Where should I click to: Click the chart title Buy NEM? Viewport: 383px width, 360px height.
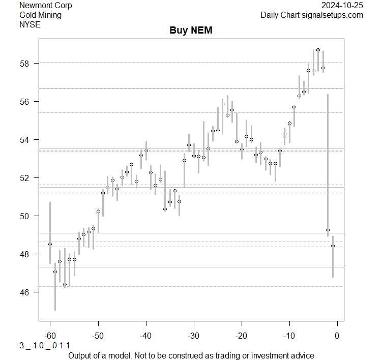point(191,31)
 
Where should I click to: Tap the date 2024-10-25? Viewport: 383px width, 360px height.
point(342,6)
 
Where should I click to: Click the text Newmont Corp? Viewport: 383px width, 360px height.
point(46,6)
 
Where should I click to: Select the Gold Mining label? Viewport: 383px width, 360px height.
point(40,15)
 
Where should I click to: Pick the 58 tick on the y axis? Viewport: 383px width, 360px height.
point(25,64)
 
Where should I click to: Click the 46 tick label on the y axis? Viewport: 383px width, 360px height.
point(25,292)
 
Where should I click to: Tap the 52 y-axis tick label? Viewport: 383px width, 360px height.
point(25,178)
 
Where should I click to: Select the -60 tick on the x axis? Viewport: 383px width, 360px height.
point(50,335)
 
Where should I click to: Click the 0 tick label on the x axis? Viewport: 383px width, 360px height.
point(337,335)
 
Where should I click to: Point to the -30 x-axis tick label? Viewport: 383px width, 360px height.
point(193,335)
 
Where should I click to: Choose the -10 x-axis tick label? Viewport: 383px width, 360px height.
point(289,335)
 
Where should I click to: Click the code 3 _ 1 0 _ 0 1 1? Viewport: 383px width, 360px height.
point(45,345)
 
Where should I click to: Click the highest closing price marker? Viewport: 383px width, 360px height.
point(318,50)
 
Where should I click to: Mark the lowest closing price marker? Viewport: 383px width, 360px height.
point(65,285)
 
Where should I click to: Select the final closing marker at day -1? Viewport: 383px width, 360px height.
point(333,246)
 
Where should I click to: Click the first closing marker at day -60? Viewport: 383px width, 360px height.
point(50,245)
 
